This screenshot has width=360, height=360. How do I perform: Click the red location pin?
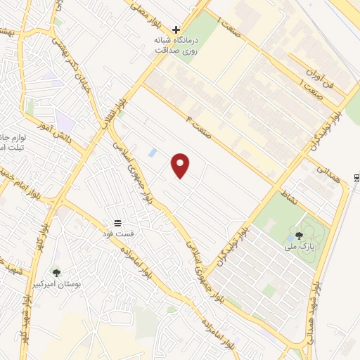pos(181,165)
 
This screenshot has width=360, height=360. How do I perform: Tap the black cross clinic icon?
pos(176,30)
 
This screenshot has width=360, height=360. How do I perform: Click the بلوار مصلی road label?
pos(148,11)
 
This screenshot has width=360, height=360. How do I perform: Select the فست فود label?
pos(117,232)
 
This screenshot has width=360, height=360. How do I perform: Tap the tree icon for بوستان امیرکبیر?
pos(56,273)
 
